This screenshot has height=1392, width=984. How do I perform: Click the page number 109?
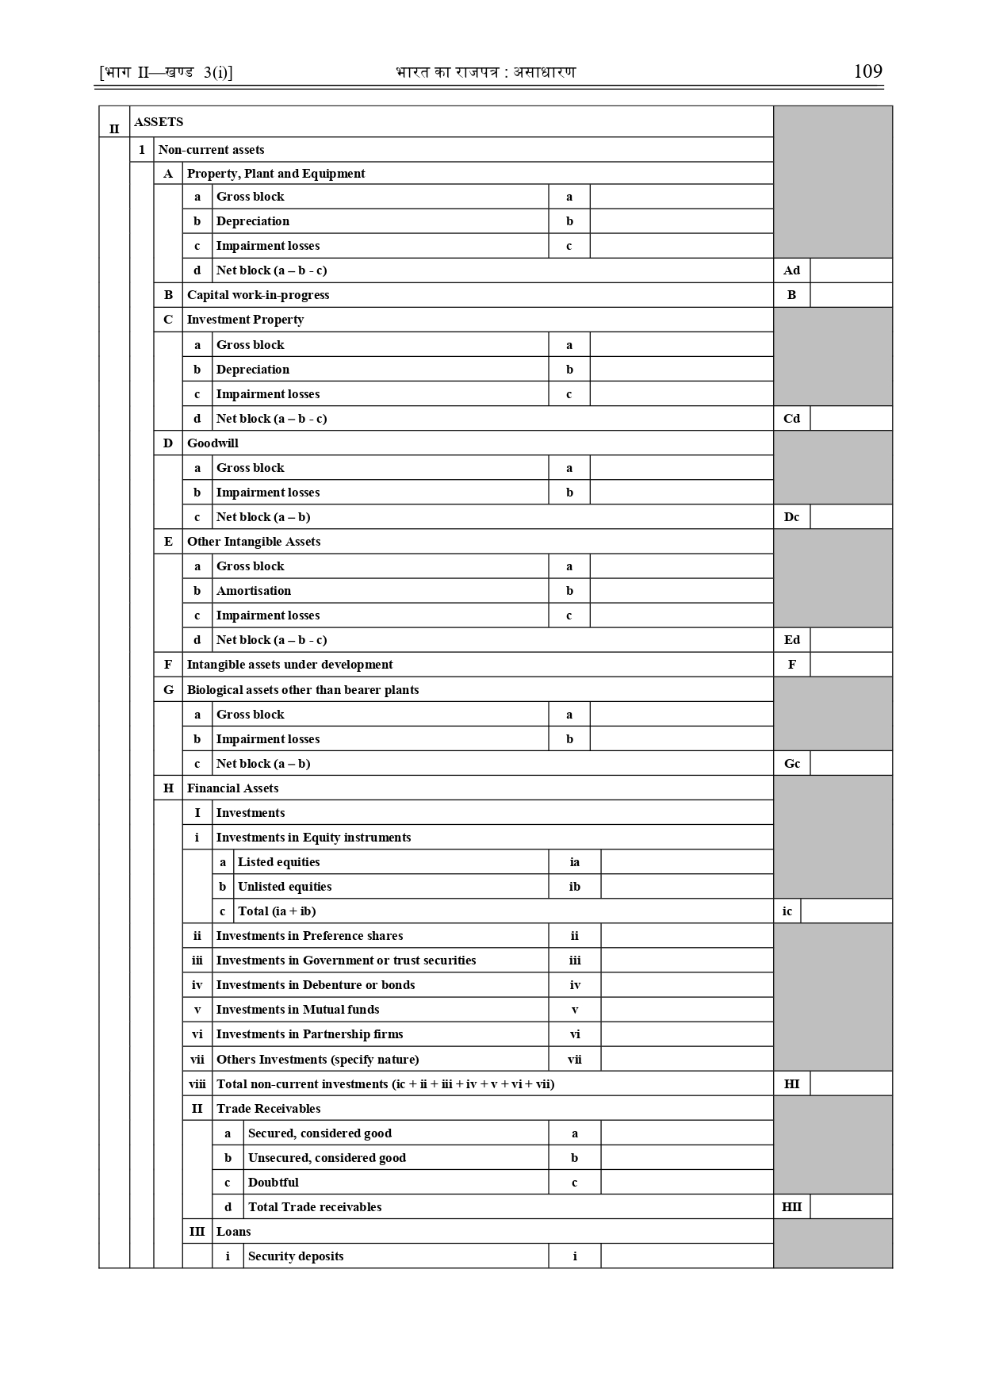867,71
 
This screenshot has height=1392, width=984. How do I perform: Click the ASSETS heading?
159,122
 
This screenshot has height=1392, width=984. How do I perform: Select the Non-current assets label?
211,150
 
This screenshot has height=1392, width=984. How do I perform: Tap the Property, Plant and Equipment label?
276,174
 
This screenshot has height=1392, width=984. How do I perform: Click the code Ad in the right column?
791,270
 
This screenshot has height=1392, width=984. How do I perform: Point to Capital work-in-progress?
258,295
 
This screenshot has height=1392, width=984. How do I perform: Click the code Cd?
791,419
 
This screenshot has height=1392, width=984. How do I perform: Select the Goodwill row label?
212,443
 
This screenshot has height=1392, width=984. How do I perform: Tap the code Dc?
791,517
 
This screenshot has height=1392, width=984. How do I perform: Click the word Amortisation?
254,591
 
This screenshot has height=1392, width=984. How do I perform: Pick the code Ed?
791,640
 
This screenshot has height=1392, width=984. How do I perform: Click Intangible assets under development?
289,665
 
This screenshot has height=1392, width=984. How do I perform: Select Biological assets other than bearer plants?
303,690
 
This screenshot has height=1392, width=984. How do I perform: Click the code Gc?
791,764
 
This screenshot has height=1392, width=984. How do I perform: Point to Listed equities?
279,862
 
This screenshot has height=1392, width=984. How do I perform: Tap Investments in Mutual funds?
297,1010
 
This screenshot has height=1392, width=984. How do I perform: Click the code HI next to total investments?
791,1083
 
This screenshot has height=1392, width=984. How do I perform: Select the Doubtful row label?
274,1183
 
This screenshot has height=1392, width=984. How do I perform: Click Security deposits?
296,1256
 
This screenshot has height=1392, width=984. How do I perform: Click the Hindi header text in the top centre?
485,72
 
